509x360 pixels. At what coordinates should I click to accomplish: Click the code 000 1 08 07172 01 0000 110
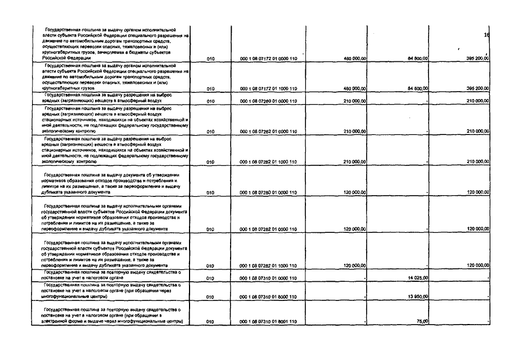(268, 58)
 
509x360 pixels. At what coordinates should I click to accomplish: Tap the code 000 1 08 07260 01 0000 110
(268, 101)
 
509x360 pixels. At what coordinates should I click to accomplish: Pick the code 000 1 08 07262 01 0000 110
(268, 131)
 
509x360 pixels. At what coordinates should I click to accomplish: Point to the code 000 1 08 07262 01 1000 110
(268, 161)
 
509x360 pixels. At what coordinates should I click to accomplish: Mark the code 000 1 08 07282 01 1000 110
(268, 265)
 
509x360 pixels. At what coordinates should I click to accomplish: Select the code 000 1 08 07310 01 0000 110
(268, 278)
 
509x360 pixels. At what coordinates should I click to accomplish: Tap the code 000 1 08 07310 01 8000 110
(268, 296)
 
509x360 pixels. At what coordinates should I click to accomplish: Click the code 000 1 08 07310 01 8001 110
(268, 321)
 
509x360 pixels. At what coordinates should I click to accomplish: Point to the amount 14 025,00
(416, 278)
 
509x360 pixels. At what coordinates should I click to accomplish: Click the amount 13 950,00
(416, 296)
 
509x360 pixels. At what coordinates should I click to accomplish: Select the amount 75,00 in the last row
(422, 321)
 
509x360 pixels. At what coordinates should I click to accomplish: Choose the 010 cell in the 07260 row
(211, 101)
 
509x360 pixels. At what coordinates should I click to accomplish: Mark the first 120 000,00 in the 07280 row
(355, 192)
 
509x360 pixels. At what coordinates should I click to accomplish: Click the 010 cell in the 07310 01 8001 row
(211, 321)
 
